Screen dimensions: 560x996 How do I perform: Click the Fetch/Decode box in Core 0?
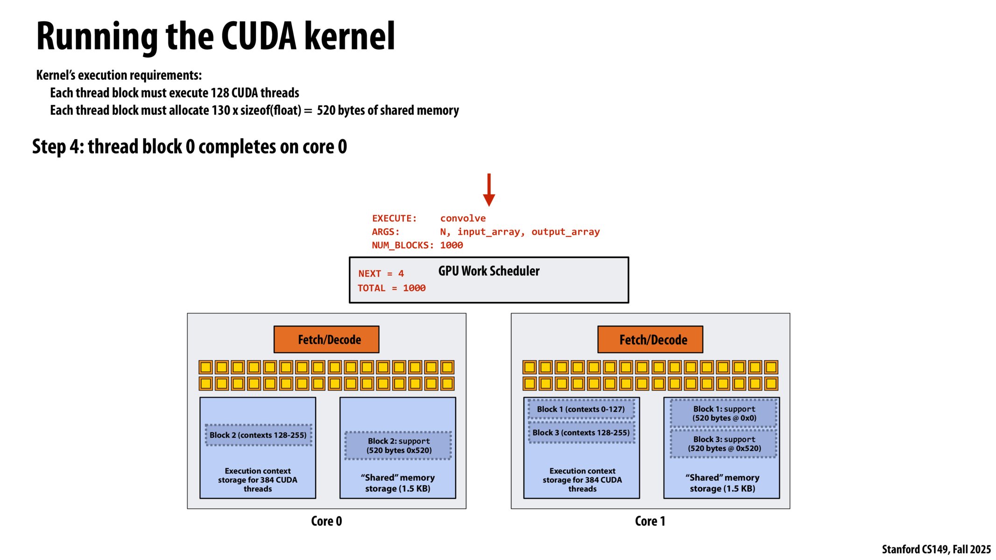click(x=326, y=339)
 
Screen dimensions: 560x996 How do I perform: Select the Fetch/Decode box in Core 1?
click(x=650, y=339)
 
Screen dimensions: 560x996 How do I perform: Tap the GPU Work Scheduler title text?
click(x=488, y=271)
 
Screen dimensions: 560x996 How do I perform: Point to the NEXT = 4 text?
click(x=381, y=274)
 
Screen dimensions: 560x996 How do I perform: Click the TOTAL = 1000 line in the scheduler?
click(x=391, y=288)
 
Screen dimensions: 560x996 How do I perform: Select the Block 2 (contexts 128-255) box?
click(x=258, y=435)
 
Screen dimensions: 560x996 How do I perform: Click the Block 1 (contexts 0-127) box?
click(x=581, y=409)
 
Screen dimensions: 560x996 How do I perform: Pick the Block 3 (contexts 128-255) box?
click(x=581, y=433)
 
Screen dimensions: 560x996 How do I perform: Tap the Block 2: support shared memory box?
click(x=398, y=446)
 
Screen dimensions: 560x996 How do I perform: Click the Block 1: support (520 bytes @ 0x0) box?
click(x=724, y=413)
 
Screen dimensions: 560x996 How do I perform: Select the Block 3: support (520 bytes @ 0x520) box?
click(x=724, y=444)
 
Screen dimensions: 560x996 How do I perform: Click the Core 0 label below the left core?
click(x=326, y=521)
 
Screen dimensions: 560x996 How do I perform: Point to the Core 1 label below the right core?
click(x=650, y=521)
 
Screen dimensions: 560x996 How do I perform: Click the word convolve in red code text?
click(x=463, y=218)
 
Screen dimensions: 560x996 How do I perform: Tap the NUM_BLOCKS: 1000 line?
click(x=417, y=245)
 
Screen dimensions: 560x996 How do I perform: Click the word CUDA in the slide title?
click(x=258, y=36)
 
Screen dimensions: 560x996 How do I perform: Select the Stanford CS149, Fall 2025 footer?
click(x=936, y=549)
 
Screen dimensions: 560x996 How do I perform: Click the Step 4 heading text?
click(x=189, y=147)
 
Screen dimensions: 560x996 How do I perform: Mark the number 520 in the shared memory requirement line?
click(x=326, y=111)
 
